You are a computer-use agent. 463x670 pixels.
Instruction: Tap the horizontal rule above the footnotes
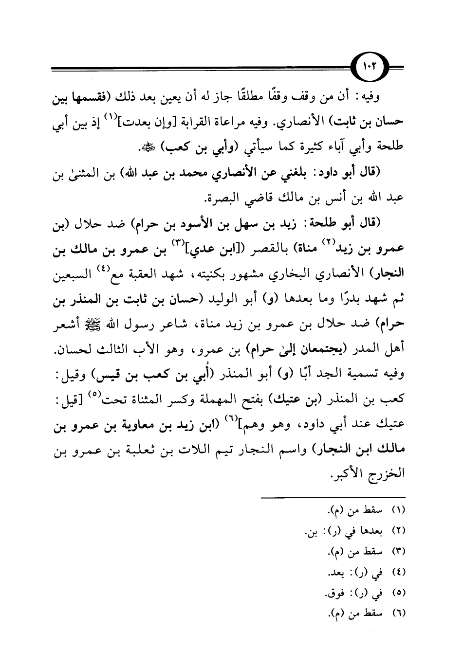333,498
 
